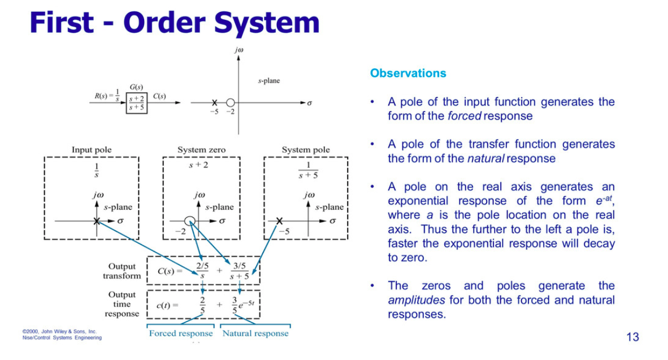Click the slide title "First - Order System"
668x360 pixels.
(x=174, y=23)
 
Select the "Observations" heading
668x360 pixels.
(x=407, y=73)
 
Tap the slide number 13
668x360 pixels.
(x=632, y=337)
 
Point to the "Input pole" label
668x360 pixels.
(x=92, y=150)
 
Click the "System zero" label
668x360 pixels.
(x=201, y=150)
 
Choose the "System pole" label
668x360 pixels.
(x=306, y=150)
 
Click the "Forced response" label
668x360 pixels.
(x=181, y=333)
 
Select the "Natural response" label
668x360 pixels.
(x=255, y=333)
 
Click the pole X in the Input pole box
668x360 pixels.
(x=97, y=220)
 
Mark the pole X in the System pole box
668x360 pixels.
(x=279, y=220)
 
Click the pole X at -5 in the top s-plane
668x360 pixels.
(x=214, y=103)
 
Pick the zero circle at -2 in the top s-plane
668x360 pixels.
(x=230, y=103)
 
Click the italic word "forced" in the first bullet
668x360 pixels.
(x=464, y=116)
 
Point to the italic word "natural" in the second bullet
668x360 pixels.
(x=485, y=159)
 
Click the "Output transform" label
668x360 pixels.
(x=122, y=271)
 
